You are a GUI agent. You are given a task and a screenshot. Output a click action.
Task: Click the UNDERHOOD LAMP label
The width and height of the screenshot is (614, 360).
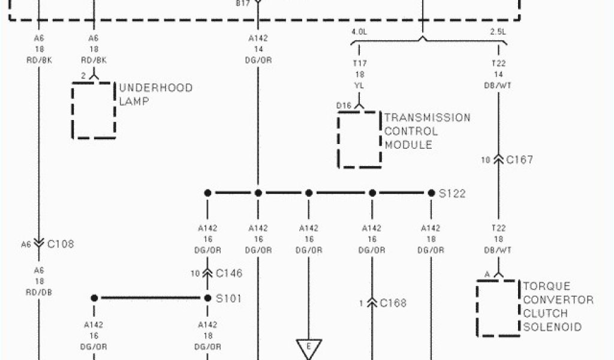pos(156,95)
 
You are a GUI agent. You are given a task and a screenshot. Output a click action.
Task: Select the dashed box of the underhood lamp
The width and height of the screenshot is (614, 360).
pos(93,110)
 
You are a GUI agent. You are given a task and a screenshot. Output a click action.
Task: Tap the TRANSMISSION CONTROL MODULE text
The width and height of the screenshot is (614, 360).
pos(427,131)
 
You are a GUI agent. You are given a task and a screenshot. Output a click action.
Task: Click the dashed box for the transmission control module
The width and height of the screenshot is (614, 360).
pos(359,139)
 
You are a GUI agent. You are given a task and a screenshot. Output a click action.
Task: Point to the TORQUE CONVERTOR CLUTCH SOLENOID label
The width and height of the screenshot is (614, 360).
pos(558,307)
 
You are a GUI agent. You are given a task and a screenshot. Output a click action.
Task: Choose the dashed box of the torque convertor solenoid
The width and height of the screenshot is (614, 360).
pos(498,307)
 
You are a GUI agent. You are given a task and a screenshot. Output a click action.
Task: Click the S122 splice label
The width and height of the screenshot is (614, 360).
pos(452,194)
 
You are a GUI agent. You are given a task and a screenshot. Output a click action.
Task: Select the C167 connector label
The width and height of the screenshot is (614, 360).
pos(519,160)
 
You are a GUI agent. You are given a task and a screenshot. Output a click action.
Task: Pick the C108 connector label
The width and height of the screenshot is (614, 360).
pos(61,244)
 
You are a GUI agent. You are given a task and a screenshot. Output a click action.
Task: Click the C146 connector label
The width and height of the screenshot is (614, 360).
pos(229,274)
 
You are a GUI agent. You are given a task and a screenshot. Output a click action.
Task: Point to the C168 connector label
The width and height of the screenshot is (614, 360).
pos(393,303)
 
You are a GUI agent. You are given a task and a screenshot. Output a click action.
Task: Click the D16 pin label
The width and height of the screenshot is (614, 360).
pos(344,106)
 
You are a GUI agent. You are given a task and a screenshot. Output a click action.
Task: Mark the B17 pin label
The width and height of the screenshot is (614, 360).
pos(242,3)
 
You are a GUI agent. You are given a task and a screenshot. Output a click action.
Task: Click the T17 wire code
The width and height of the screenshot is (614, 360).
pos(359,63)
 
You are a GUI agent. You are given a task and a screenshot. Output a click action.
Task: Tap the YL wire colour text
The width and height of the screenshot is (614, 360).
pos(359,85)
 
